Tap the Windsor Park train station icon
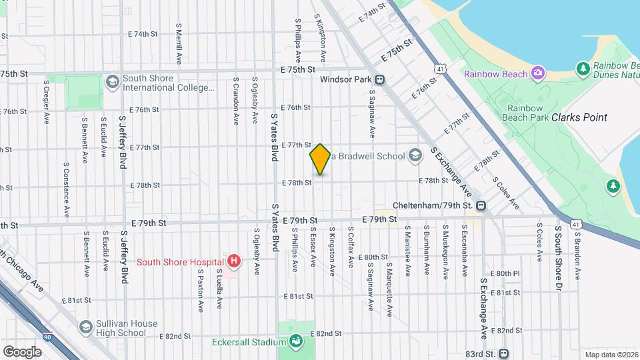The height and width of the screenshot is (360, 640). (379, 79)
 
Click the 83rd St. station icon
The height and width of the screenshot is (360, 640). (503, 353)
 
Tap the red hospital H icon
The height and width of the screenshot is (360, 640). (233, 261)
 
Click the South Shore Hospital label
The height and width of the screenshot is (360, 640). (180, 261)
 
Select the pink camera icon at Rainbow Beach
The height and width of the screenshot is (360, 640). (538, 73)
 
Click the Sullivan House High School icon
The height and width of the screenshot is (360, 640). (85, 327)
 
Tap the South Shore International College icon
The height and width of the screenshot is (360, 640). (112, 81)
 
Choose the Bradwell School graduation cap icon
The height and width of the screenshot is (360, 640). (415, 156)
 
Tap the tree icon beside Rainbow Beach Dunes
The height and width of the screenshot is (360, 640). (583, 69)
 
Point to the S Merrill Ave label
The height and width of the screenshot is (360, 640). (179, 44)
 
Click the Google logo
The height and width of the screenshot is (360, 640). (22, 351)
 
